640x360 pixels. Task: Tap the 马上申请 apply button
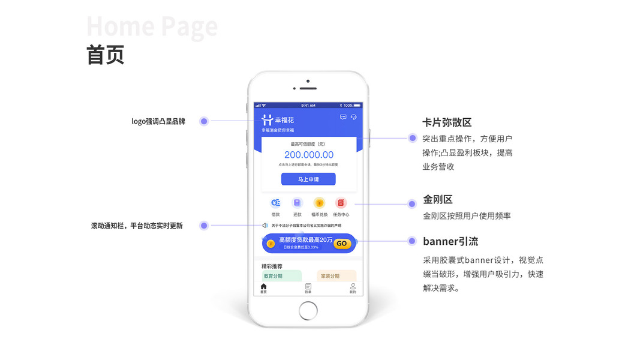tap(308, 179)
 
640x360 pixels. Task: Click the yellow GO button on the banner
tap(342, 244)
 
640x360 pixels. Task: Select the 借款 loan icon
tap(275, 203)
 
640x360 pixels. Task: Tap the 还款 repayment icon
tap(297, 203)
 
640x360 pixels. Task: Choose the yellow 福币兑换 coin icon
tap(319, 203)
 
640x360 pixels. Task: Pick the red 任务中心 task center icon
tap(341, 203)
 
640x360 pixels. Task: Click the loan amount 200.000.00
tap(308, 155)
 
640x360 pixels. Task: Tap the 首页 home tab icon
tap(263, 287)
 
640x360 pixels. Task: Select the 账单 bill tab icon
tap(308, 287)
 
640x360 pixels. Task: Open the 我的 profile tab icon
tap(353, 287)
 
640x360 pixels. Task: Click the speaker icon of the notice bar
tap(265, 226)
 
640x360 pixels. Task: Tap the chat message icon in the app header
tap(343, 117)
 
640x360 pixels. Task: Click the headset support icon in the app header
tap(354, 117)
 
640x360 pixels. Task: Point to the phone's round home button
tap(308, 310)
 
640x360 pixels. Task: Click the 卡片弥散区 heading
tap(447, 122)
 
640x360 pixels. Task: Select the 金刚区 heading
tap(437, 200)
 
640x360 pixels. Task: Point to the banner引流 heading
tap(450, 242)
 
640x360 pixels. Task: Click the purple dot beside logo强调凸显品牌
tap(204, 121)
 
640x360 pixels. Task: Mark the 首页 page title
tap(106, 55)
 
